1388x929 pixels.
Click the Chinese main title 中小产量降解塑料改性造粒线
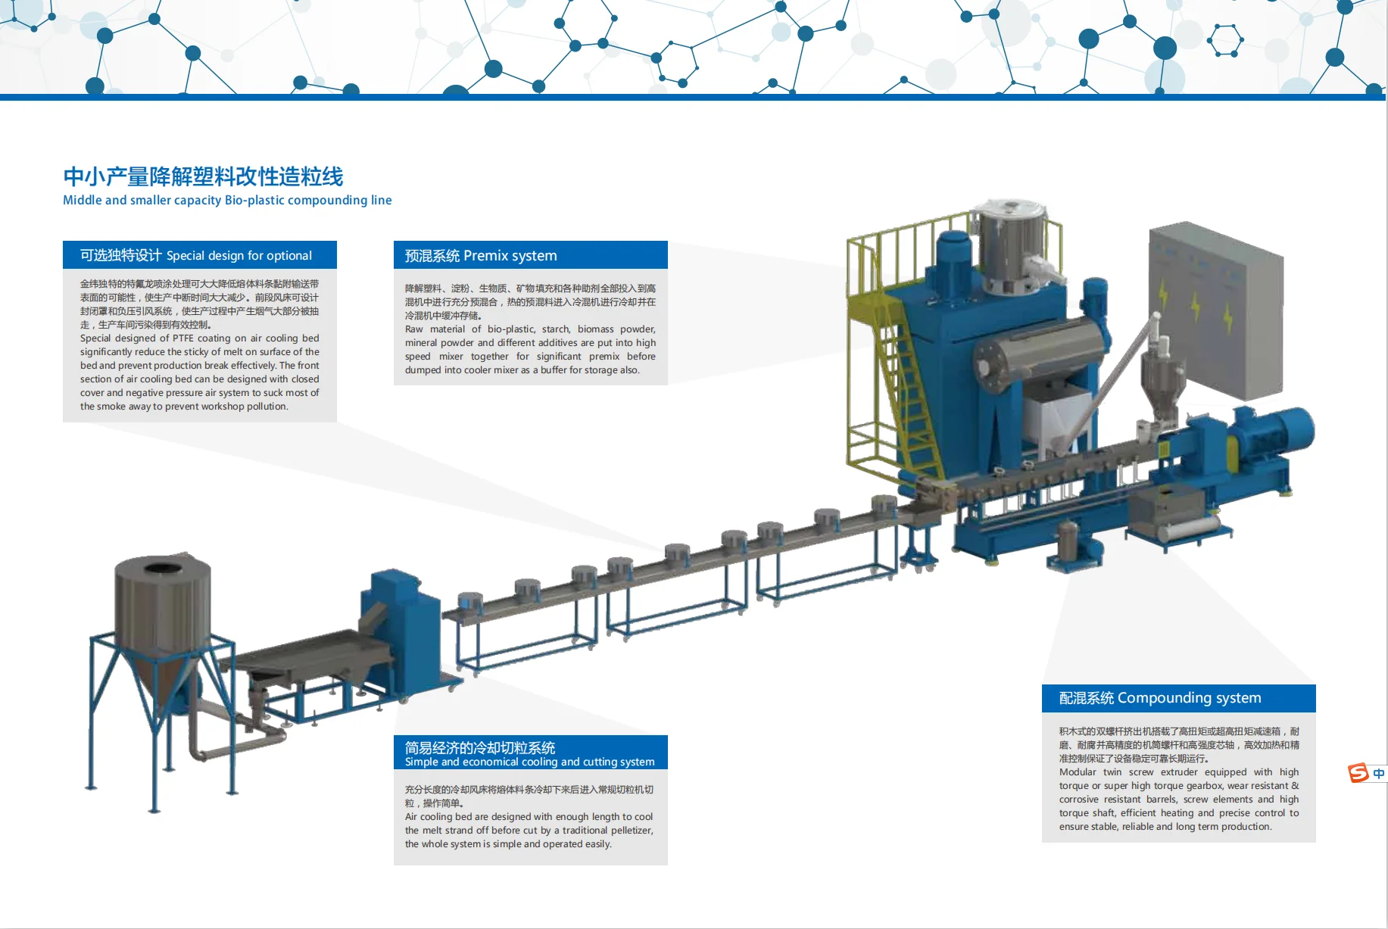point(203,176)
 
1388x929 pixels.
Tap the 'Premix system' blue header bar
point(530,255)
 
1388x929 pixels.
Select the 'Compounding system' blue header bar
point(1178,697)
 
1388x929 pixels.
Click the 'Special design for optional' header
point(199,255)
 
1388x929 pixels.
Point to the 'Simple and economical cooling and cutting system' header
point(530,753)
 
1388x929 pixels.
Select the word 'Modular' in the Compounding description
point(1077,772)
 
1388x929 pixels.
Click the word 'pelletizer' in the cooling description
point(630,831)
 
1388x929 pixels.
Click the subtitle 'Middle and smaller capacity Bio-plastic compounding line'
point(227,200)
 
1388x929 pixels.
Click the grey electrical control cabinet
point(1215,310)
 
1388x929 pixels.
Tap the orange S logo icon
point(1358,773)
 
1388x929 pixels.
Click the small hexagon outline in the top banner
point(1224,40)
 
